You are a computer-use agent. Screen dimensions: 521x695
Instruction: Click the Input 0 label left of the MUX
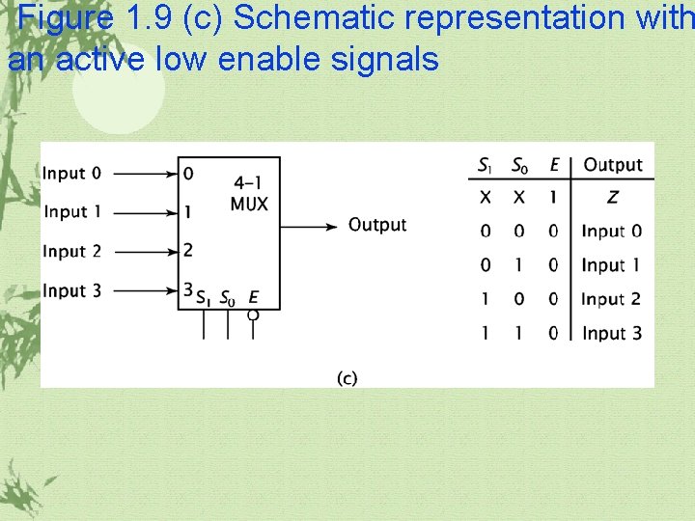[71, 174]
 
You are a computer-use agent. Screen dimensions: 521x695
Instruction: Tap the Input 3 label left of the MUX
[71, 290]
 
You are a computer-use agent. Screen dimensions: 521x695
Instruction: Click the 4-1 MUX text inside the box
[250, 193]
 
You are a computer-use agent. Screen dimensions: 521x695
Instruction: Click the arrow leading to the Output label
[309, 226]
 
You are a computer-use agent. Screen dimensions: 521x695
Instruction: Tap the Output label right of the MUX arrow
[377, 225]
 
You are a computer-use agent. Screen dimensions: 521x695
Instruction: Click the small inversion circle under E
[253, 315]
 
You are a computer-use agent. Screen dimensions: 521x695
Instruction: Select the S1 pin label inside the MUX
[204, 298]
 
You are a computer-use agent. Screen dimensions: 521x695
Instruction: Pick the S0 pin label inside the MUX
[227, 298]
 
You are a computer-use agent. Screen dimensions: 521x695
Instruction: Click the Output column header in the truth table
[612, 165]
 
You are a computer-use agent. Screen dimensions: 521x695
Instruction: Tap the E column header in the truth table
[554, 165]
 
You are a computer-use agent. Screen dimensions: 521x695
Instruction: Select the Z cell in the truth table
[612, 198]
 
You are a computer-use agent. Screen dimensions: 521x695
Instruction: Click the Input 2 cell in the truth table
[611, 299]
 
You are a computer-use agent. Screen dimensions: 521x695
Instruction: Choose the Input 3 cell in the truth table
[611, 333]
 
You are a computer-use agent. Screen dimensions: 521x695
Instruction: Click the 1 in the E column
[554, 198]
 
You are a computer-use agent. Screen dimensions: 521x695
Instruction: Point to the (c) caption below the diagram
[347, 378]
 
